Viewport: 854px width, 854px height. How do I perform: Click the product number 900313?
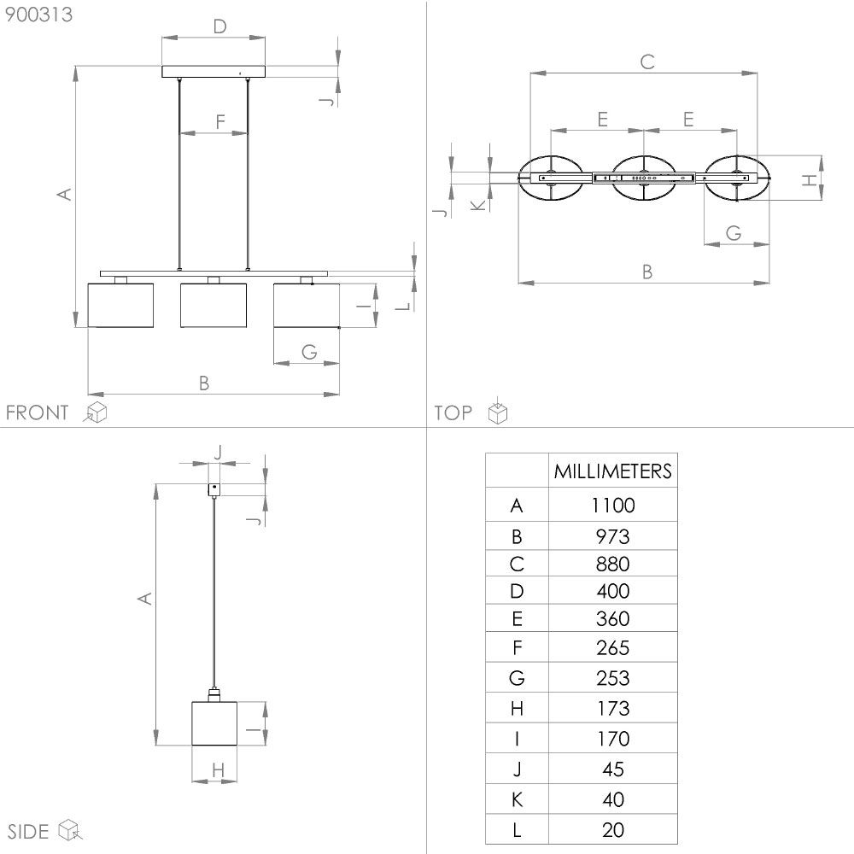[38, 15]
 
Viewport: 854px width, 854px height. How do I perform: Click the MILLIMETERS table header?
[612, 471]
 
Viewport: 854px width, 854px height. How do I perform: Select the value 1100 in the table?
[612, 506]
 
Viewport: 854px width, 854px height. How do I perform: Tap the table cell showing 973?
[612, 536]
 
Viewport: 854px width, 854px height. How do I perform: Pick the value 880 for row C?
[612, 564]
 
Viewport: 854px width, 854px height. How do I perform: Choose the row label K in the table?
[517, 799]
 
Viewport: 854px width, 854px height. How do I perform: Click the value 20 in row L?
[612, 830]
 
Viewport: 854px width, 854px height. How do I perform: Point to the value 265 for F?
[612, 647]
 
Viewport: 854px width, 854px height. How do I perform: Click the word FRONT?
[37, 412]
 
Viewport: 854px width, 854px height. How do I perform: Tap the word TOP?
[453, 412]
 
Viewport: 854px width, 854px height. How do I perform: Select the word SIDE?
[28, 832]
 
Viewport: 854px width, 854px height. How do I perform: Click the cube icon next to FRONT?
[96, 412]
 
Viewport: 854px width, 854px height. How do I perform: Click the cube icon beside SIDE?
[70, 829]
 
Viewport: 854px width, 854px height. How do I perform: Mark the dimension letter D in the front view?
[219, 26]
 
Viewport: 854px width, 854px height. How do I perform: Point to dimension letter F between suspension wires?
[220, 121]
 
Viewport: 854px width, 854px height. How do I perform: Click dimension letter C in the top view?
[647, 61]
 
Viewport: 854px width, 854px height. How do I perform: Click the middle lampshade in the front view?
[213, 305]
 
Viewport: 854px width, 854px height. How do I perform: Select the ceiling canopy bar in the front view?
[213, 72]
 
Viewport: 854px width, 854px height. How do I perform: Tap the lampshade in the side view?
[214, 723]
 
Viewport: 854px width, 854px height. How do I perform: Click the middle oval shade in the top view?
[644, 178]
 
